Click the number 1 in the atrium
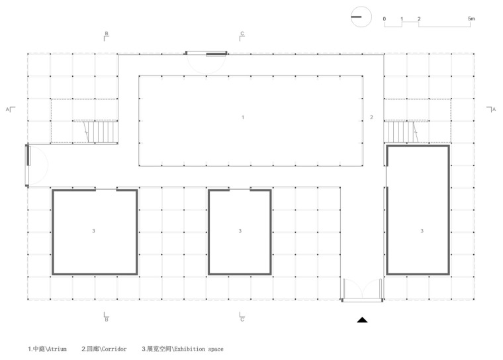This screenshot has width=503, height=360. [x=243, y=117]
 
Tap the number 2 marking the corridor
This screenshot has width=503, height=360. [x=371, y=117]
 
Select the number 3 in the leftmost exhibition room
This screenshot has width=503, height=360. [x=94, y=231]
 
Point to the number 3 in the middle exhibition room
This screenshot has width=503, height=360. [x=240, y=231]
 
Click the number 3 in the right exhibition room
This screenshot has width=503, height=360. [x=422, y=231]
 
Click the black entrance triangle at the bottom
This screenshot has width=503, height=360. [x=362, y=320]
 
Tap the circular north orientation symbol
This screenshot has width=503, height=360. [x=361, y=17]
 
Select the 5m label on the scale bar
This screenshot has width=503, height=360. [x=471, y=19]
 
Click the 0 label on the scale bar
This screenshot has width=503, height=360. [x=385, y=19]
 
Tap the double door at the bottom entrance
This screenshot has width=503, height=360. [x=362, y=291]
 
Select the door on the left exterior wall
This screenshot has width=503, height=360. [x=36, y=165]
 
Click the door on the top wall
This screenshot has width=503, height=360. [x=206, y=62]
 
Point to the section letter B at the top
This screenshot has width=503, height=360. [x=107, y=33]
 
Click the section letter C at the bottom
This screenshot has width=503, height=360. [x=242, y=320]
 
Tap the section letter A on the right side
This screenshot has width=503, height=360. [x=494, y=109]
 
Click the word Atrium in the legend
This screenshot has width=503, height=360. [x=57, y=349]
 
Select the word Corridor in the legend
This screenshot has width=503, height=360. [x=114, y=349]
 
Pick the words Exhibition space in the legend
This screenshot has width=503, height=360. [x=199, y=349]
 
